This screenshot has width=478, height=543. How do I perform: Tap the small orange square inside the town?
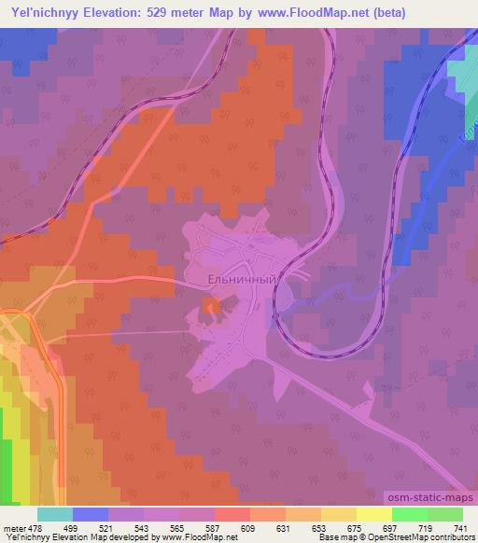(x=211, y=305)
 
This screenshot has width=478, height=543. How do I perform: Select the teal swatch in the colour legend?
(x=55, y=515)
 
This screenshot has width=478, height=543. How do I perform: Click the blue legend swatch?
(x=91, y=515)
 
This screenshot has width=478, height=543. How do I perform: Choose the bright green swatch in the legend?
(x=409, y=515)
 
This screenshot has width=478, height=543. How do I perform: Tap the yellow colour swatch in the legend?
(x=373, y=515)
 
